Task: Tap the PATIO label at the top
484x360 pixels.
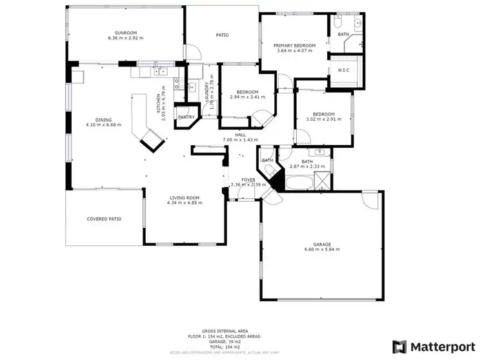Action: point(222,35)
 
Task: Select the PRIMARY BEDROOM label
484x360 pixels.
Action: point(294,45)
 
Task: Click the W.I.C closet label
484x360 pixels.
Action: point(344,70)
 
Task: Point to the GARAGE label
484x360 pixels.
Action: point(322,245)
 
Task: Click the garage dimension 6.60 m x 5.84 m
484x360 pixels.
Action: point(322,250)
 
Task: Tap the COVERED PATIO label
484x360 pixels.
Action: point(104,219)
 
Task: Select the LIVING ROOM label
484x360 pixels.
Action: point(184,197)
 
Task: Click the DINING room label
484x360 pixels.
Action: point(103,119)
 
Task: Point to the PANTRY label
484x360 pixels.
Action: point(187,117)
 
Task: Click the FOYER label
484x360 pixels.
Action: point(248,179)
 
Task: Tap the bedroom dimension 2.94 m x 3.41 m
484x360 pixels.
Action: point(247,97)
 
